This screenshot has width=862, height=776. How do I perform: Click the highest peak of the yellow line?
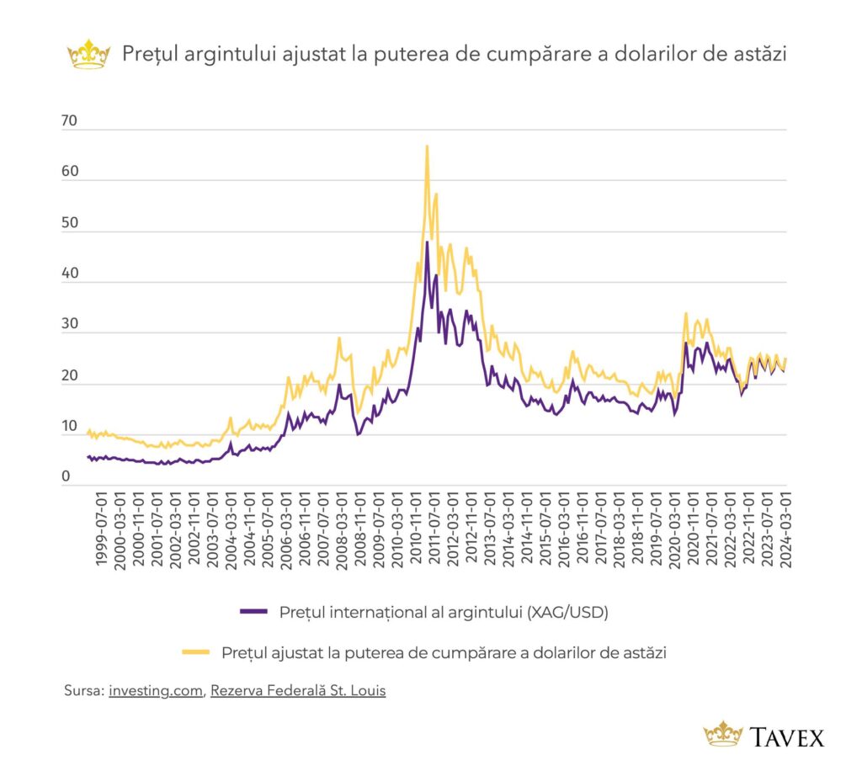[427, 146]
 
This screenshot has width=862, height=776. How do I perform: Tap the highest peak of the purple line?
[427, 242]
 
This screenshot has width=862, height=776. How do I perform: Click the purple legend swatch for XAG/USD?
[253, 612]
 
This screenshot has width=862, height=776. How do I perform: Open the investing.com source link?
[156, 690]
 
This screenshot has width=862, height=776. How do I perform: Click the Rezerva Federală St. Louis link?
[298, 690]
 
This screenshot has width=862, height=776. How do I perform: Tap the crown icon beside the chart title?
[88, 55]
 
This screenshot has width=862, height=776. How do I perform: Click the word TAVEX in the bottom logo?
[788, 737]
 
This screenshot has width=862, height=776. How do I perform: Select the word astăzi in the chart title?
[757, 55]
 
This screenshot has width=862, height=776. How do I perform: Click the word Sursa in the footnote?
[82, 690]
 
